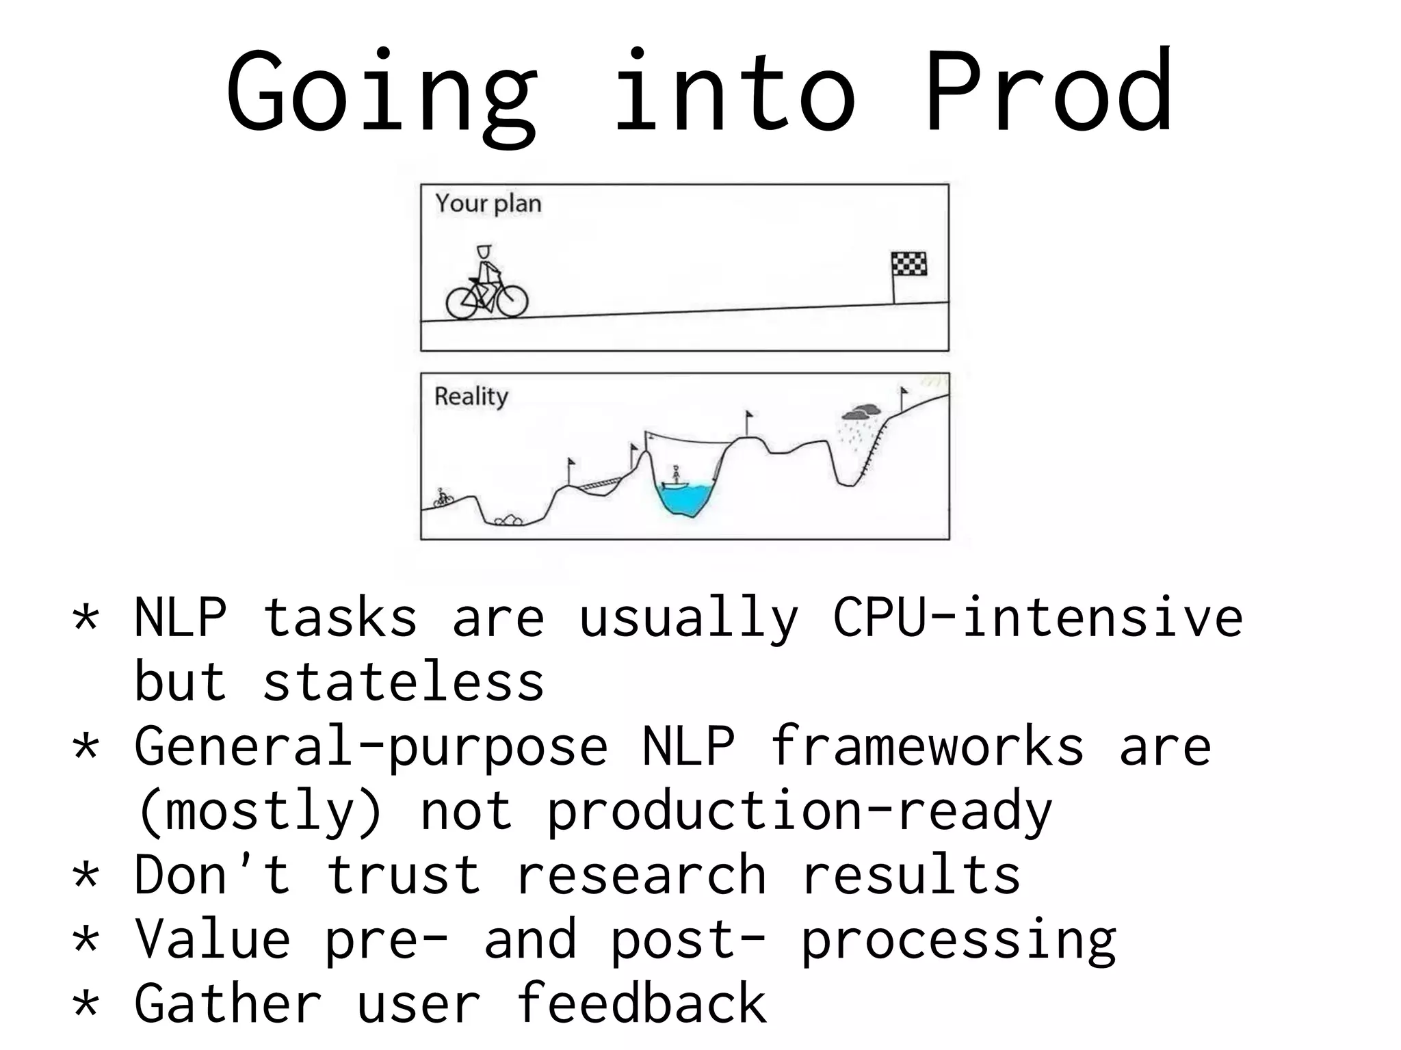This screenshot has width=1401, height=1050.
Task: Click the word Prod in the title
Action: (1048, 92)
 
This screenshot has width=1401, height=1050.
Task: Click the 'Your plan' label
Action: (488, 204)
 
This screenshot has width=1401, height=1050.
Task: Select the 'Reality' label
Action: (471, 397)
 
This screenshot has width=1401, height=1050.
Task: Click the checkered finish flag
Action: (908, 264)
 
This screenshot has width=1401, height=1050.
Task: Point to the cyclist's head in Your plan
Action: (484, 251)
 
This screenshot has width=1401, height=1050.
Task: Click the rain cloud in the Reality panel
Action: (861, 412)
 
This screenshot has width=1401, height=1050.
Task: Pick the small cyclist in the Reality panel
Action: (444, 497)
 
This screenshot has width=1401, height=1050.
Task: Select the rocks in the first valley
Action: (508, 521)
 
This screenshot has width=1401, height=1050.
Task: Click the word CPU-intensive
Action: (1037, 618)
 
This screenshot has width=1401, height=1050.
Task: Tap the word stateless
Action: (403, 682)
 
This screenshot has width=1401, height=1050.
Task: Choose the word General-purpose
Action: (371, 747)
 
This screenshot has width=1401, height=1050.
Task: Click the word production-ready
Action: (798, 811)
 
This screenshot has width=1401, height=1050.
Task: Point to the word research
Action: (641, 875)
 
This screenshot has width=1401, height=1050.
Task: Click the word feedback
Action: (641, 1003)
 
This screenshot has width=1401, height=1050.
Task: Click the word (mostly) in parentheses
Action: (259, 811)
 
